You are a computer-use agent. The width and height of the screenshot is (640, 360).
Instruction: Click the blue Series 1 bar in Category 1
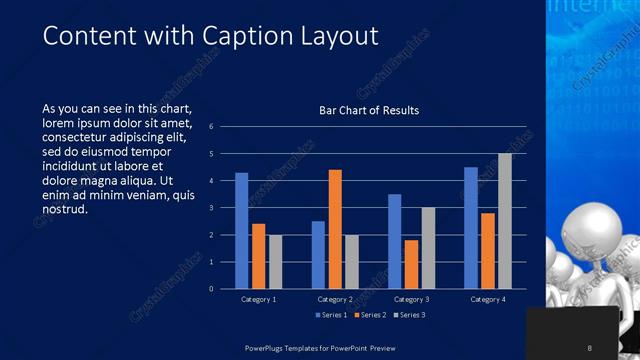[x=241, y=231]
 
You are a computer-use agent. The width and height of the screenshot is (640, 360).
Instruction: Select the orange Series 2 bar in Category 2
[x=335, y=229]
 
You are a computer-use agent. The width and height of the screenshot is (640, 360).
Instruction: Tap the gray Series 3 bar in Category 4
[x=505, y=221]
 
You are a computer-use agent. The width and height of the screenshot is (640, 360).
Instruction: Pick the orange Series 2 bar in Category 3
[x=411, y=264]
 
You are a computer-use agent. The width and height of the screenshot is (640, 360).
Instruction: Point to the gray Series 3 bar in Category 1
[x=275, y=262]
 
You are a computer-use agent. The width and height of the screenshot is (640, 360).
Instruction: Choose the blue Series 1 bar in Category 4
[x=471, y=228]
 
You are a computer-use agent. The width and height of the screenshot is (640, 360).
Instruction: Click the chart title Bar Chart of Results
[x=369, y=110]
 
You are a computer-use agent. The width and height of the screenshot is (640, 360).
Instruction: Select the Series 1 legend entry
[x=332, y=315]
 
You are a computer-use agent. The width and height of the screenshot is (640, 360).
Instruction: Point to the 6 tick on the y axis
[x=212, y=127]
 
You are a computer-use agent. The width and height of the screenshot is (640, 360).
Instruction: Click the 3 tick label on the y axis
[x=212, y=208]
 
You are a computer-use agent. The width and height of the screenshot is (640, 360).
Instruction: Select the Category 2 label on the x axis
[x=335, y=299]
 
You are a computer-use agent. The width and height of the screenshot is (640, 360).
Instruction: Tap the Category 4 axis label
[x=488, y=299]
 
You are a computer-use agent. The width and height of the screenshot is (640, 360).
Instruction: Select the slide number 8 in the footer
[x=590, y=347]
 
